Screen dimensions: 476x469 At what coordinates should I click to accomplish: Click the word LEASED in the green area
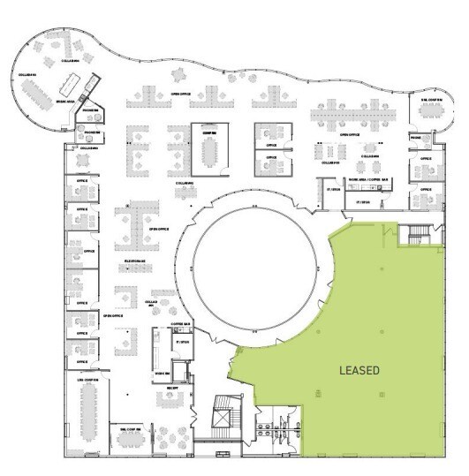(359, 371)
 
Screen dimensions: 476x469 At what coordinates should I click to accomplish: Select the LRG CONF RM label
(87, 380)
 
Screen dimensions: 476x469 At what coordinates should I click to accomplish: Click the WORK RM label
(163, 373)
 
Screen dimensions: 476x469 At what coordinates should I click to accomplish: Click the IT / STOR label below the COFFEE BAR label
(183, 341)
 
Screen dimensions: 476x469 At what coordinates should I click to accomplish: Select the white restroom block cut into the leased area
(276, 427)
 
